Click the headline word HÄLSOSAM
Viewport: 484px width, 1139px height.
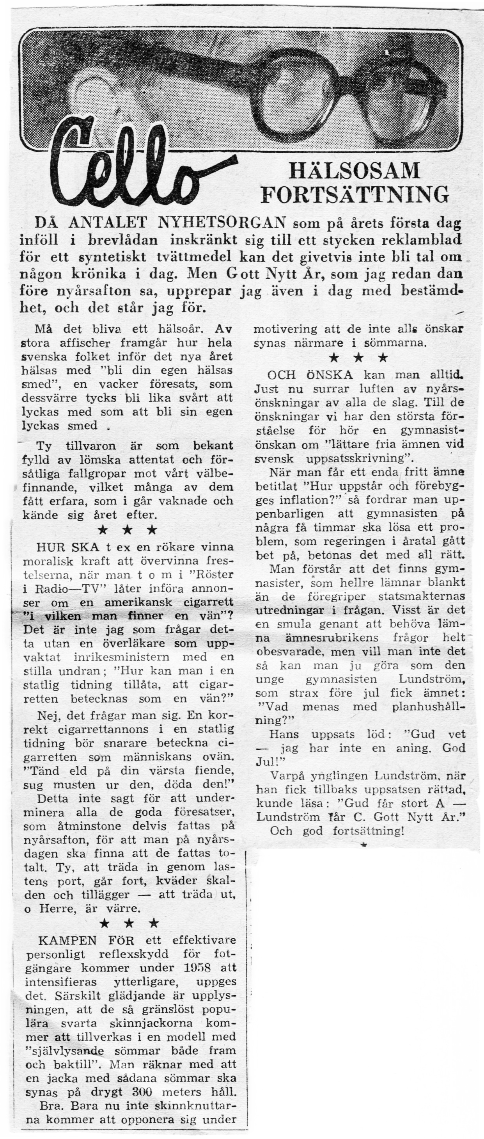coord(354,171)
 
